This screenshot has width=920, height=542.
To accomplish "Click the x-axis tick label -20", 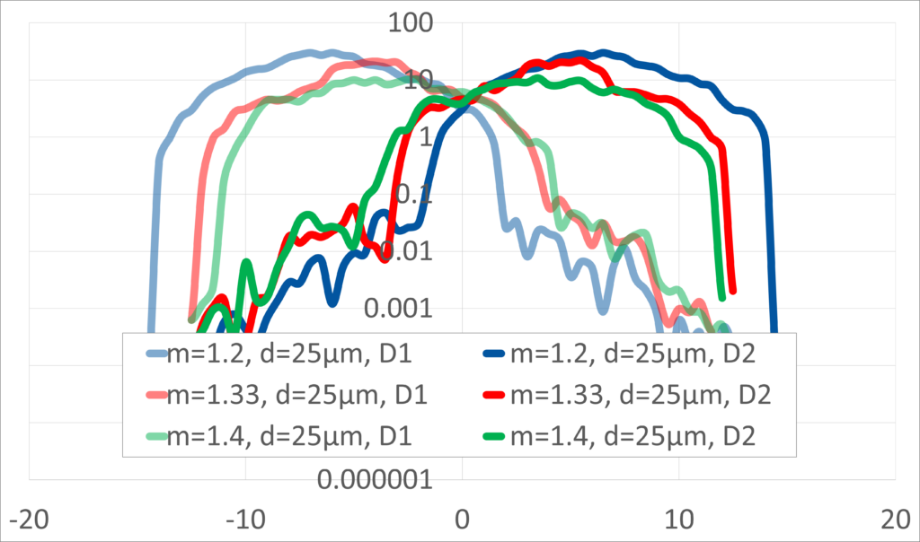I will pyautogui.click(x=27, y=520).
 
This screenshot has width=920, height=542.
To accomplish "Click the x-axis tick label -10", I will pyautogui.click(x=244, y=520).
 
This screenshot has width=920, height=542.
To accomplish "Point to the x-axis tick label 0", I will pyautogui.click(x=462, y=520).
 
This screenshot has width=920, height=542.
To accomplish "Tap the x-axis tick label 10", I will pyautogui.click(x=679, y=520).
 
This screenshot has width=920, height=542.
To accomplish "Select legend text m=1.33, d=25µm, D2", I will pyautogui.click(x=641, y=394).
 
